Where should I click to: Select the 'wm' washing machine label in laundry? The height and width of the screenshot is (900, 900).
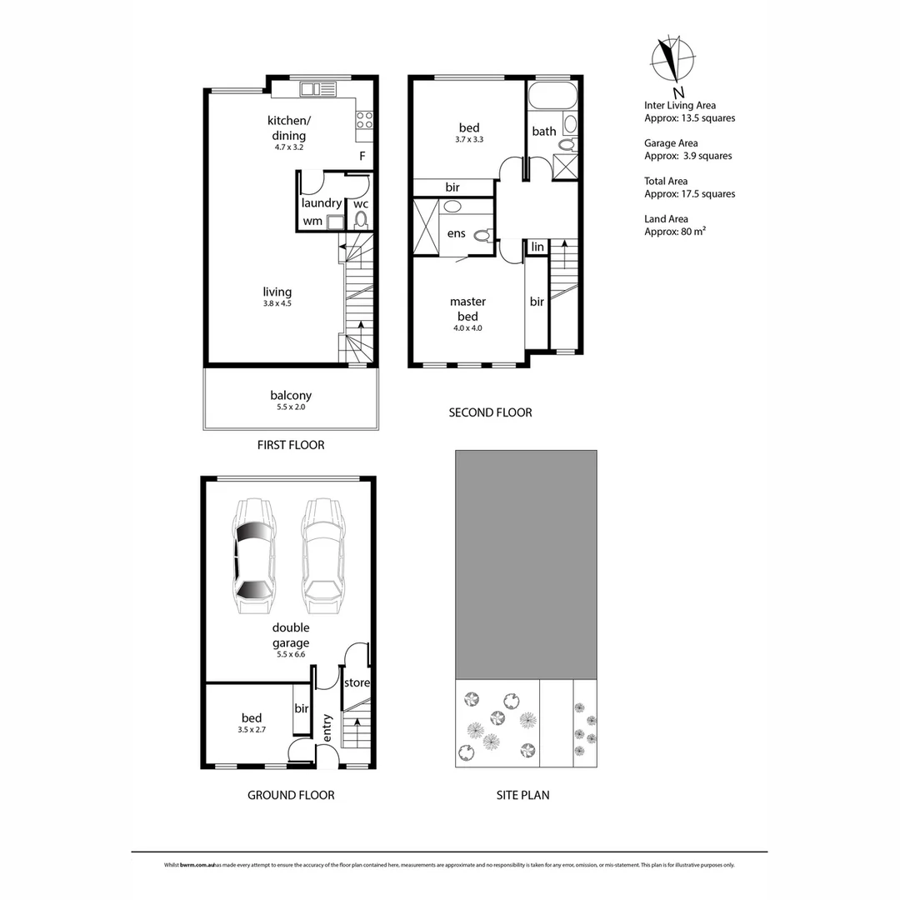click(312, 221)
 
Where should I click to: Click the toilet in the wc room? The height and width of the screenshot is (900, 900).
click(361, 220)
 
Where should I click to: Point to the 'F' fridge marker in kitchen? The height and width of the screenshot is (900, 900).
click(362, 156)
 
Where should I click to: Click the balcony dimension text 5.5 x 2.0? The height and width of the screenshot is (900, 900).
click(291, 408)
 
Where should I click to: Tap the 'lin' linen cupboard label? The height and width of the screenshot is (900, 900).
click(537, 247)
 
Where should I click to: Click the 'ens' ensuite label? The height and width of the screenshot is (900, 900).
click(456, 233)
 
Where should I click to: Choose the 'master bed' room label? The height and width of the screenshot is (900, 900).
click(467, 308)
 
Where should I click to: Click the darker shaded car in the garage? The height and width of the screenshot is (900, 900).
click(255, 557)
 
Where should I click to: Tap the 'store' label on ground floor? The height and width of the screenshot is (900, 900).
click(357, 682)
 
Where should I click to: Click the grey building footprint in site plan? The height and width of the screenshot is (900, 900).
click(526, 564)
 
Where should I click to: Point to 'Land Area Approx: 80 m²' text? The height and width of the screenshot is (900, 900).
click(675, 226)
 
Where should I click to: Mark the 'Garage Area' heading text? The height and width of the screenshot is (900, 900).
click(671, 143)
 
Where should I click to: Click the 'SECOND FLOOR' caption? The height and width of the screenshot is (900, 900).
click(490, 412)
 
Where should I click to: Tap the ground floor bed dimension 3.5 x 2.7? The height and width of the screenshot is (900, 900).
click(252, 730)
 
